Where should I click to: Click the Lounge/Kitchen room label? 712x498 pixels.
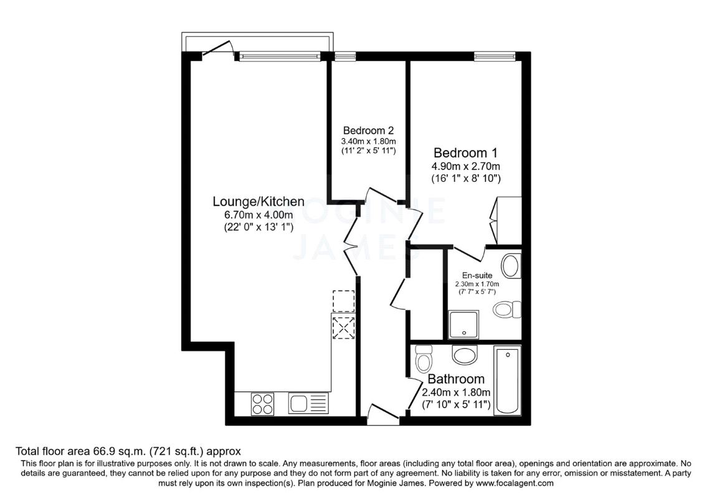point(259,202)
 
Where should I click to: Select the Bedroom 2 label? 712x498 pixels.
point(368,131)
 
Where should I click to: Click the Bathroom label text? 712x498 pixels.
point(456,379)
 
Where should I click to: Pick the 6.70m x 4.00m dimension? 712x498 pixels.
point(259,215)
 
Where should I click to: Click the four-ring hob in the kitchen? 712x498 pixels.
point(262,404)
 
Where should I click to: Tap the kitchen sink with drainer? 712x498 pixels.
point(308,404)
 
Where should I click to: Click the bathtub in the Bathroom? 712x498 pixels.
point(507,380)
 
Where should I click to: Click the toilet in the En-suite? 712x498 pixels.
point(506,309)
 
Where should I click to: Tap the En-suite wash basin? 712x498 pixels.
point(511,265)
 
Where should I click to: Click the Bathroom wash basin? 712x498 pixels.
point(464,355)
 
